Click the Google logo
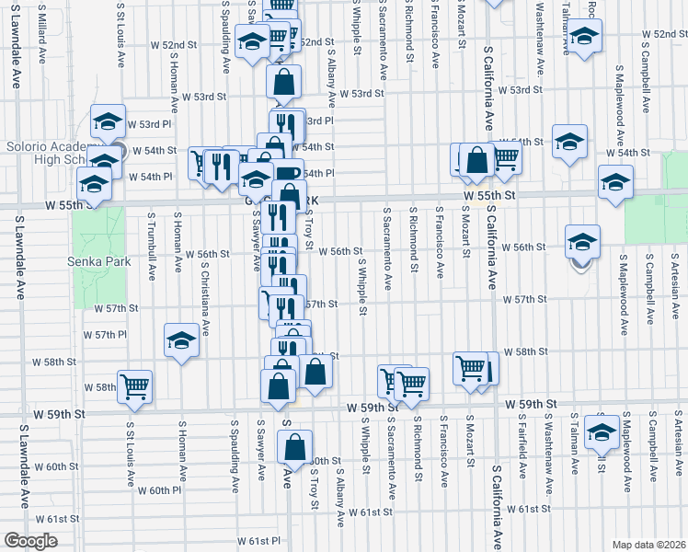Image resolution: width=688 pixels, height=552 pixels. [x=31, y=540]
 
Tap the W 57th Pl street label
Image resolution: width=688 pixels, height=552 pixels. [x=104, y=334]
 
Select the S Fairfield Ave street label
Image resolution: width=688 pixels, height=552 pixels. [x=522, y=447]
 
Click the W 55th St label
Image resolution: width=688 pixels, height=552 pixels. [x=486, y=196]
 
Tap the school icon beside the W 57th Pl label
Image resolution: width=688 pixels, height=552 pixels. [x=182, y=342]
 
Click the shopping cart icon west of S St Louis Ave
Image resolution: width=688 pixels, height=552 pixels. [x=135, y=386]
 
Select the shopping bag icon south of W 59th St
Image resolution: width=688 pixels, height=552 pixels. [x=294, y=448]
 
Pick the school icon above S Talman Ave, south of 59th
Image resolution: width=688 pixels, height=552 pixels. [x=602, y=431]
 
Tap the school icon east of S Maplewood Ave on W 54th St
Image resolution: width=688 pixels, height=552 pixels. [x=615, y=182]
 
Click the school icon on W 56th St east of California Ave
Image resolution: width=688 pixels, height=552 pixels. [x=581, y=242]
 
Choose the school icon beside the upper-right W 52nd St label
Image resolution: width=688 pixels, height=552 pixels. [x=581, y=39]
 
